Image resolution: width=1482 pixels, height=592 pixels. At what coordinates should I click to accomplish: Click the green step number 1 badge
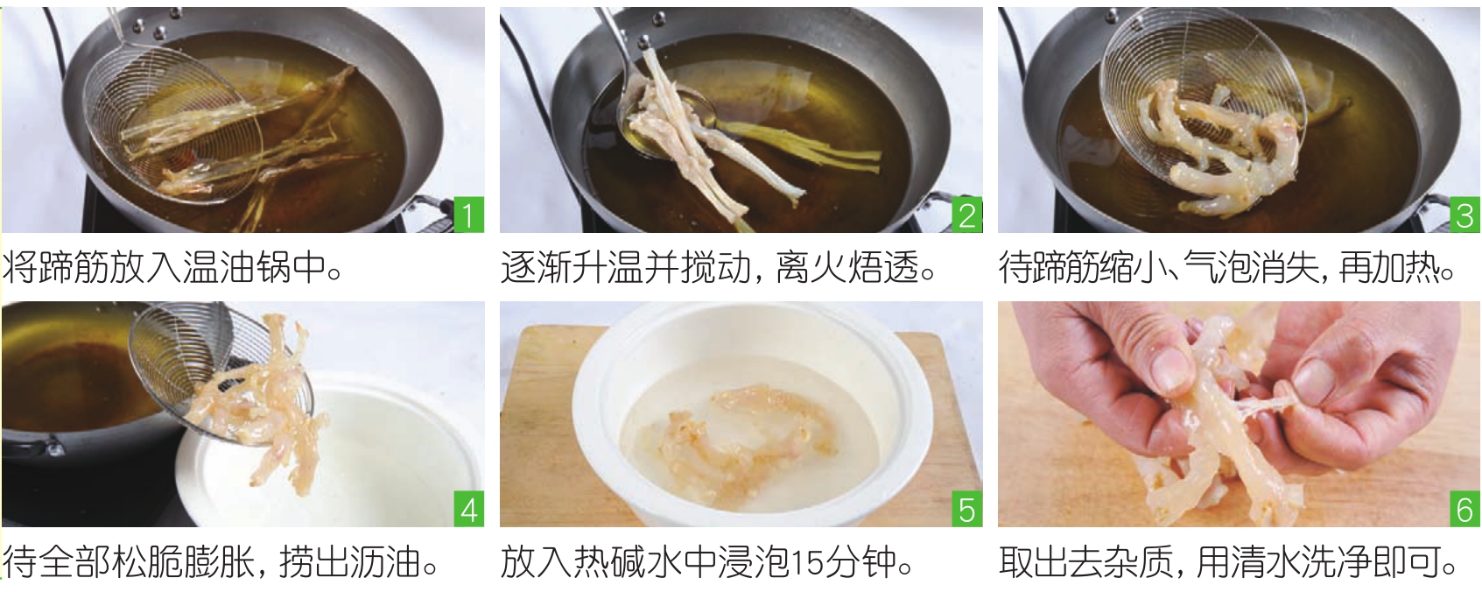point(469,215)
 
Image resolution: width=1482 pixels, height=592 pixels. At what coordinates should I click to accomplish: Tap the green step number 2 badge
point(966,215)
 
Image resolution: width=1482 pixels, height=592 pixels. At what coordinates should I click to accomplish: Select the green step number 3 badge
point(1464,215)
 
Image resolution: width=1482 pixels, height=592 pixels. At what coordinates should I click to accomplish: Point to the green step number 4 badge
point(469,509)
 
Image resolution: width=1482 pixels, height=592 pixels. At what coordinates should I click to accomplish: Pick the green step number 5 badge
point(966,509)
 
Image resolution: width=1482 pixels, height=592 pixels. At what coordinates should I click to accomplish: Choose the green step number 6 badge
point(1464,509)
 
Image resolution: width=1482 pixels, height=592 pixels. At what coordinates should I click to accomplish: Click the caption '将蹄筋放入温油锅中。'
point(172,267)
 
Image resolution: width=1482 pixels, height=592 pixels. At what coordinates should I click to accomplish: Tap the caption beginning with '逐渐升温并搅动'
point(719,267)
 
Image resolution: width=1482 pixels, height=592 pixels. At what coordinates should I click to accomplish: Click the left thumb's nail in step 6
point(1170,369)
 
